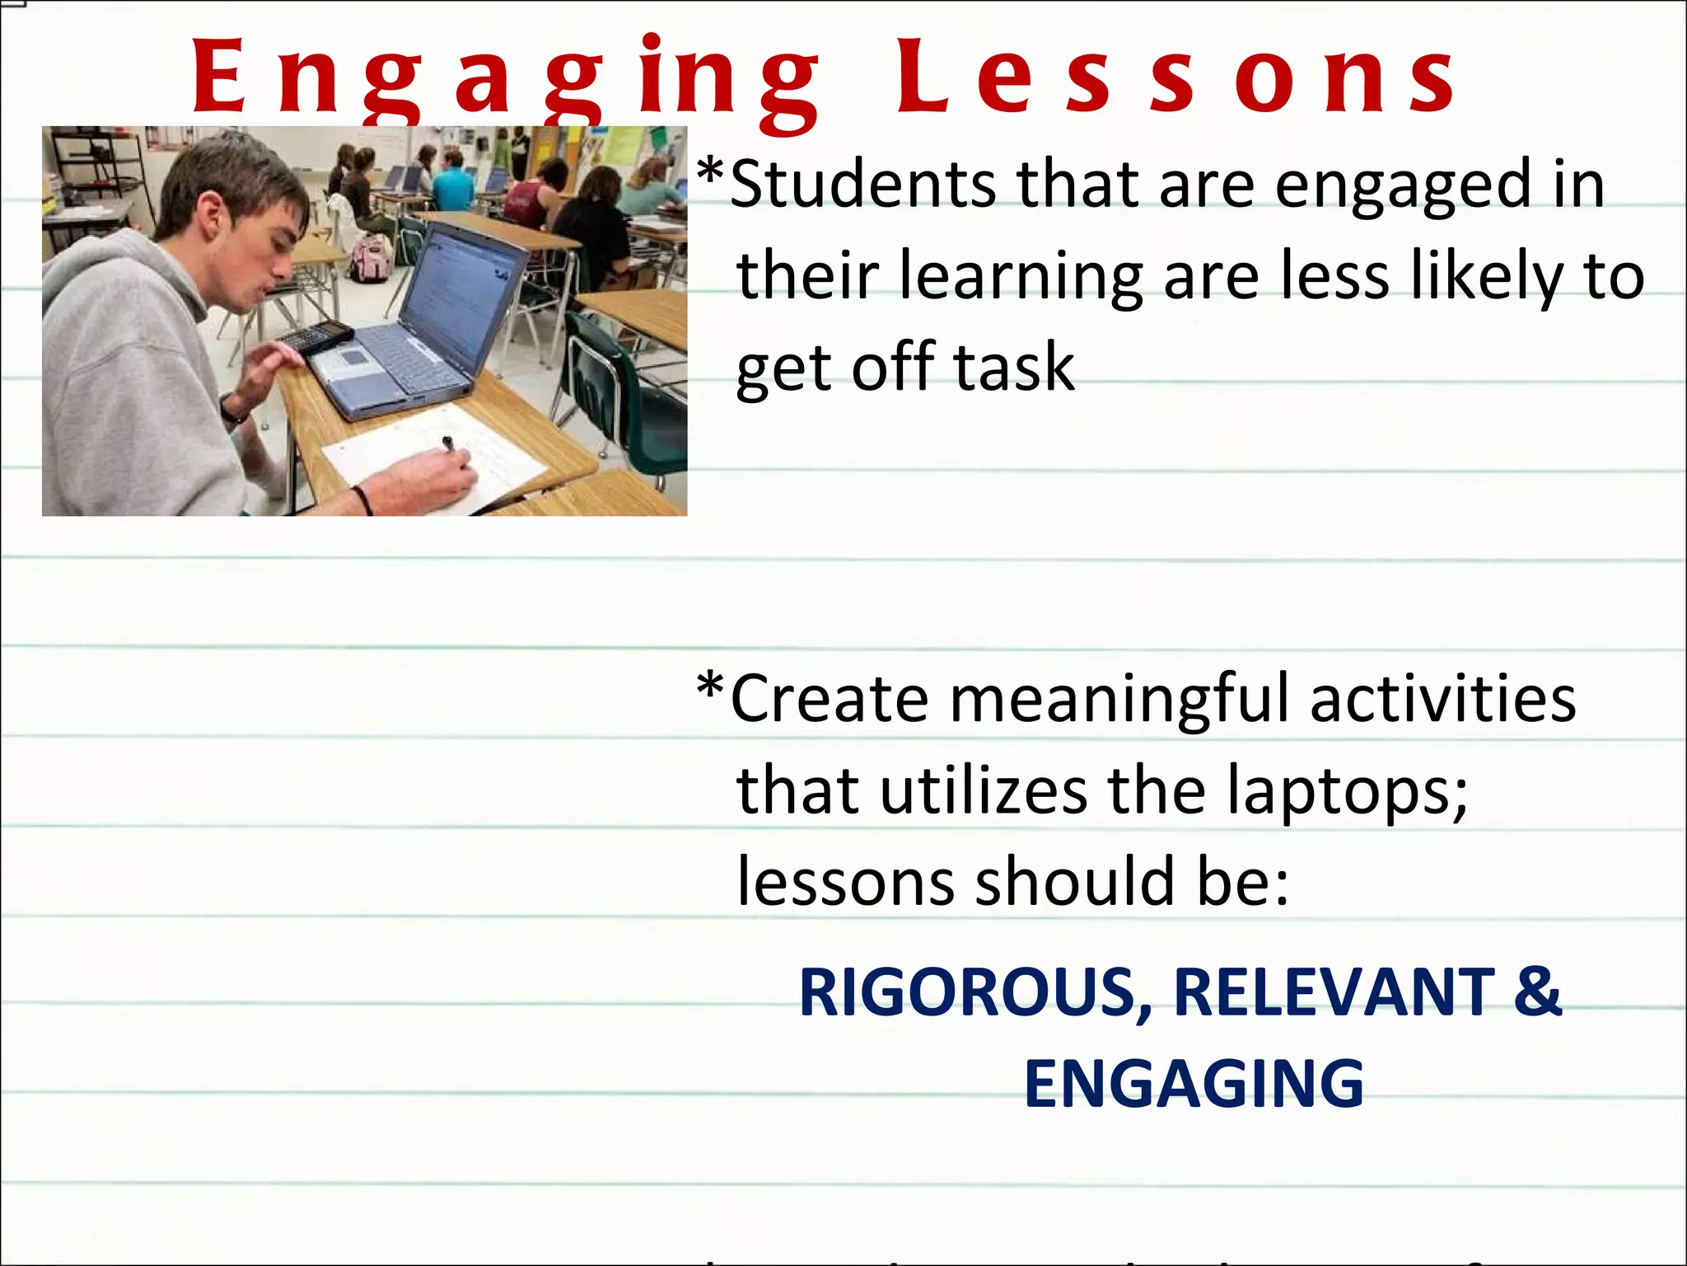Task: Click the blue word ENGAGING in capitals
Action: pos(1194,1084)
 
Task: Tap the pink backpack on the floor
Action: pos(371,257)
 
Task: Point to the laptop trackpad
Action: pos(353,357)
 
